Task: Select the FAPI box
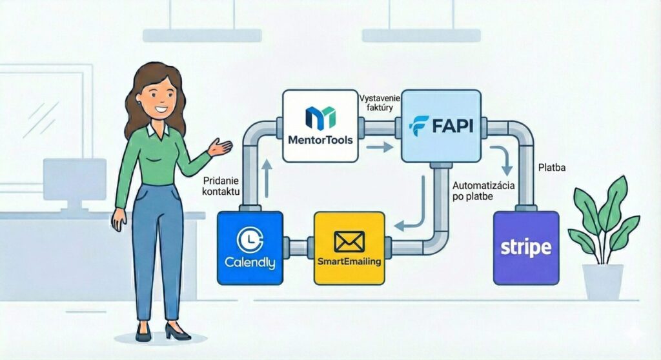click(441, 126)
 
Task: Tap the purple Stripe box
click(526, 248)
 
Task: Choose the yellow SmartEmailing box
click(349, 248)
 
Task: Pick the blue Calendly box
click(250, 248)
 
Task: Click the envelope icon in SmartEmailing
click(349, 241)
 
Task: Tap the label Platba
click(552, 168)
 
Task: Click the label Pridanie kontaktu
click(221, 187)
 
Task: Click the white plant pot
click(602, 281)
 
